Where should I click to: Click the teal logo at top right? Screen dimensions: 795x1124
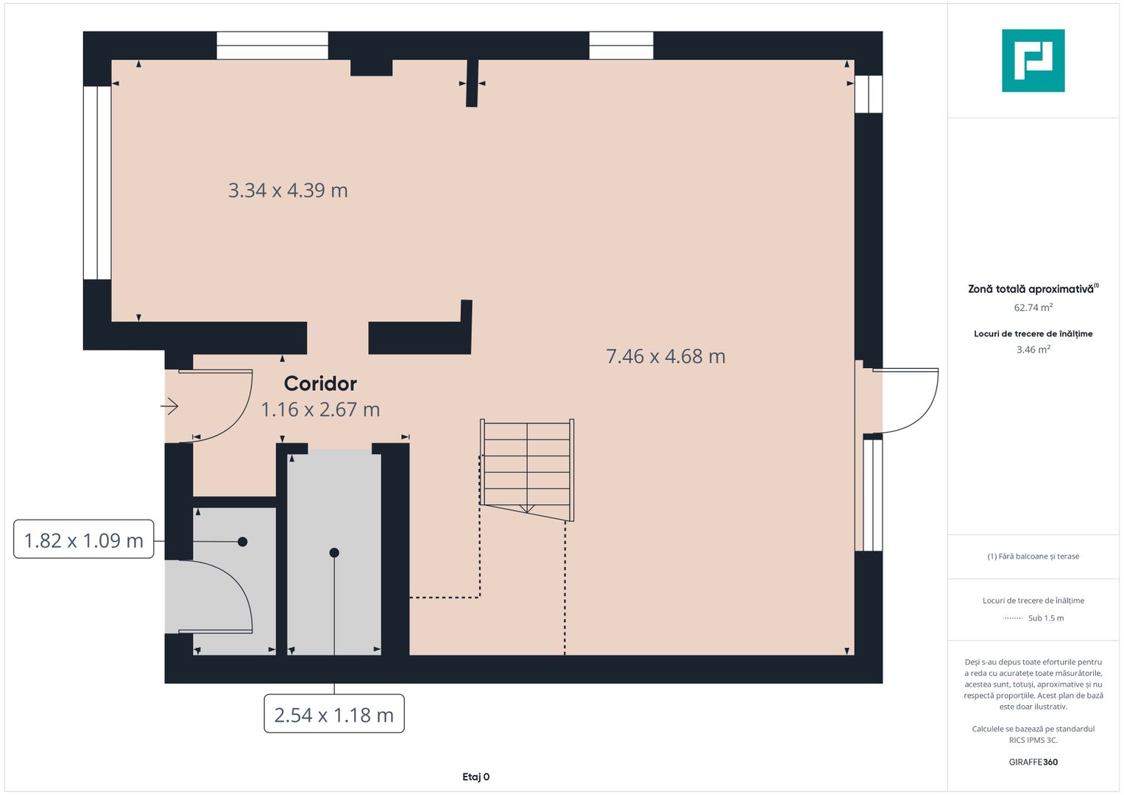pyautogui.click(x=1033, y=60)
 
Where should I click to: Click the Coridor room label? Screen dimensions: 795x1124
pyautogui.click(x=320, y=384)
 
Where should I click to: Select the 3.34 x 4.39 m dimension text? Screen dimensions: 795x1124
pyautogui.click(x=288, y=191)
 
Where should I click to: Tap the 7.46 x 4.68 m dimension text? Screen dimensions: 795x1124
pyautogui.click(x=665, y=356)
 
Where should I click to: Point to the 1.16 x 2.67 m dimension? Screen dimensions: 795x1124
pyautogui.click(x=320, y=409)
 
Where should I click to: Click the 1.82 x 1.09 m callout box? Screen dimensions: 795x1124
pyautogui.click(x=84, y=540)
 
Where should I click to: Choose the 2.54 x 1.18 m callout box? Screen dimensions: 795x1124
pyautogui.click(x=334, y=714)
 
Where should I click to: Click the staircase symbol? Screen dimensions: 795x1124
pyautogui.click(x=526, y=468)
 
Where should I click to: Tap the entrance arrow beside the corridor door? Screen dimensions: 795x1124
pyautogui.click(x=170, y=406)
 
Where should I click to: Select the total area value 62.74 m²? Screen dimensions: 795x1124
pyautogui.click(x=1033, y=308)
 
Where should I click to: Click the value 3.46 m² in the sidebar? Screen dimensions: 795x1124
pyautogui.click(x=1033, y=350)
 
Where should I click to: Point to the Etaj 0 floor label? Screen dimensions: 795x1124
pyautogui.click(x=476, y=777)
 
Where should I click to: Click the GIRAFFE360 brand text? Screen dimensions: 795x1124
pyautogui.click(x=1033, y=762)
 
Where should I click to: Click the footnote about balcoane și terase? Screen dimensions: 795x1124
pyautogui.click(x=1033, y=556)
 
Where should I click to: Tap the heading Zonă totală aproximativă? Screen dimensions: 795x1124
pyautogui.click(x=1031, y=289)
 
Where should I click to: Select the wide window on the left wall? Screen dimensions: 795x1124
pyautogui.click(x=97, y=183)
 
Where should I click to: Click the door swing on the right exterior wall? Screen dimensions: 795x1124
pyautogui.click(x=905, y=400)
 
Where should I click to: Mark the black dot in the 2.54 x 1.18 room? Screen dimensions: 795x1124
pyautogui.click(x=334, y=553)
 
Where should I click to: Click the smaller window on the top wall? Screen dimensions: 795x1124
pyautogui.click(x=621, y=46)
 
